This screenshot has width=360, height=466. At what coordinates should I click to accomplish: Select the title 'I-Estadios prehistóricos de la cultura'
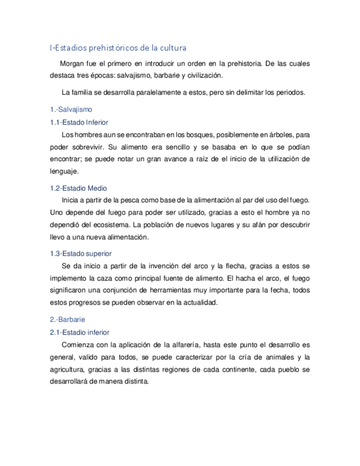(x=118, y=48)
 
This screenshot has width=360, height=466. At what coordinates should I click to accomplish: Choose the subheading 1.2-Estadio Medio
(x=78, y=188)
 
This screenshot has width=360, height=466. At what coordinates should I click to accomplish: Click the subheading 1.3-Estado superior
(x=81, y=253)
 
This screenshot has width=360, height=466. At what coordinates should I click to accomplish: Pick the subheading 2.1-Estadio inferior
(x=79, y=332)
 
